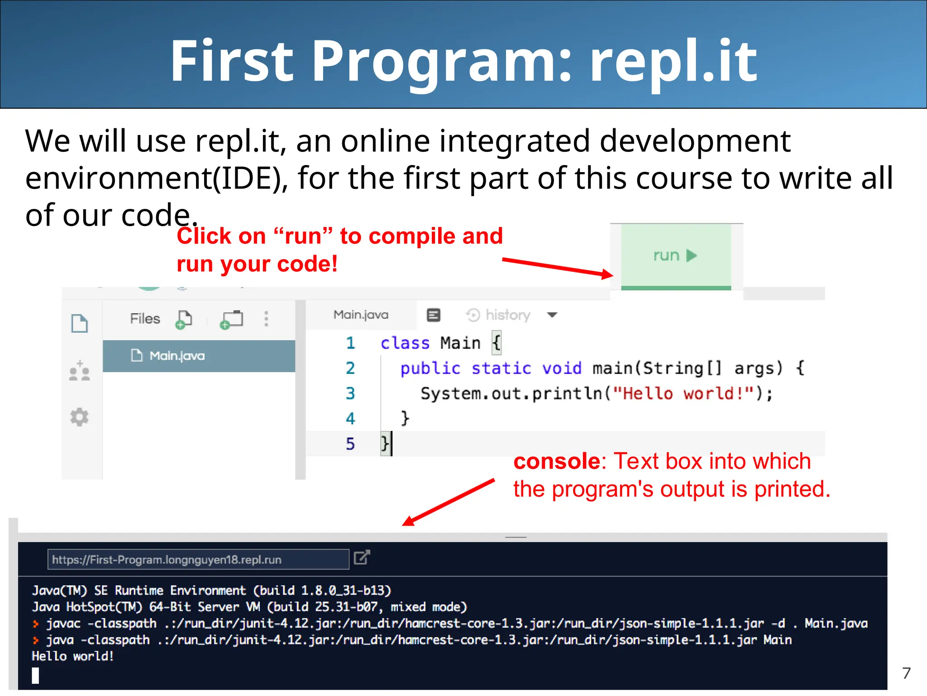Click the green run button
point(675,256)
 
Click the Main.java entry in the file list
point(177,356)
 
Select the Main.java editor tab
point(361,315)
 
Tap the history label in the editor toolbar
point(507,315)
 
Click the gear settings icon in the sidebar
point(79,417)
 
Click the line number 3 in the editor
point(350,393)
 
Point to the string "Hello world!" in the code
point(683,393)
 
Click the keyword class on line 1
point(405,343)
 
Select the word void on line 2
point(562,368)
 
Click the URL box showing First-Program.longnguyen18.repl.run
point(198,560)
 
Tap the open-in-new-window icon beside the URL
point(362,557)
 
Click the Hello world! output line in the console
point(73,656)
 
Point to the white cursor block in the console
point(35,676)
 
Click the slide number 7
point(906,673)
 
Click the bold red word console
point(556,461)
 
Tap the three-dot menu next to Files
point(266,319)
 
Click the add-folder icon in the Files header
point(231,319)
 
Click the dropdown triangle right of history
point(552,315)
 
